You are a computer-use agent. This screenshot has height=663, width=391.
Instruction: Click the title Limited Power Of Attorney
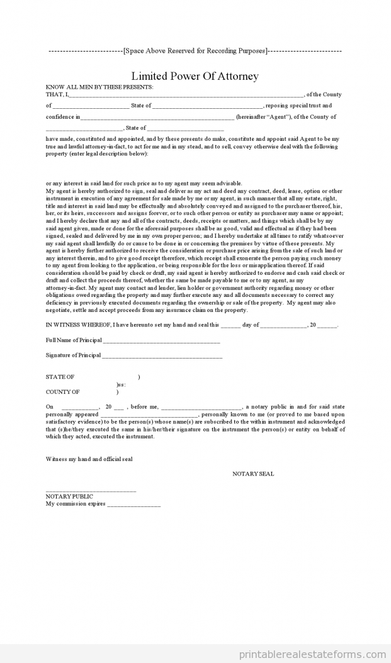point(195,76)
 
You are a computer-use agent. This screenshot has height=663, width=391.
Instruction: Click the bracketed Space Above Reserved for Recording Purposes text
point(195,50)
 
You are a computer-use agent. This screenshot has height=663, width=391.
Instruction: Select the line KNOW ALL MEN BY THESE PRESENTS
point(99,87)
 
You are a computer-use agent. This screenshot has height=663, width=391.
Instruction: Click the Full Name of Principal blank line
point(161,342)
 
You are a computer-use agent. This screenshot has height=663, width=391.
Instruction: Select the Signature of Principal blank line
point(162,356)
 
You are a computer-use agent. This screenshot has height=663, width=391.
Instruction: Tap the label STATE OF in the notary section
point(60,377)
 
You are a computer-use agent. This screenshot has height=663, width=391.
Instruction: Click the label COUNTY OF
point(63,392)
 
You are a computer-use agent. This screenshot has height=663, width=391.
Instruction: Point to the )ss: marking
point(121,384)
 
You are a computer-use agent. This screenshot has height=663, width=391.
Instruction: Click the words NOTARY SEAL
point(253,474)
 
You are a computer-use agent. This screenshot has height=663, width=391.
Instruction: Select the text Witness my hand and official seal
point(89,459)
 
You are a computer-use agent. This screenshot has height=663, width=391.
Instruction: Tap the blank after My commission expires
point(133,504)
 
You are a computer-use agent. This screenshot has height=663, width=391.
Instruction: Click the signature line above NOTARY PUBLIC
point(91,489)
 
